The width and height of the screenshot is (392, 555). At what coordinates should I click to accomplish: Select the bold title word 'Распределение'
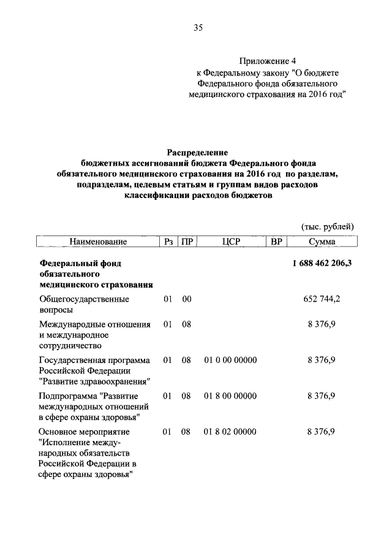pyautogui.click(x=197, y=152)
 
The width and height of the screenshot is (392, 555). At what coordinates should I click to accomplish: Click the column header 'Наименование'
pyautogui.click(x=98, y=242)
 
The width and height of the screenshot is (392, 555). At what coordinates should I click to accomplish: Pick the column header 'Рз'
pyautogui.click(x=168, y=242)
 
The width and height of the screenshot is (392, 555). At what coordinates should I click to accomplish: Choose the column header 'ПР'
pyautogui.click(x=187, y=242)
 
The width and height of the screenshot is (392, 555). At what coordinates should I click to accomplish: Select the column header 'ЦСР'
pyautogui.click(x=232, y=242)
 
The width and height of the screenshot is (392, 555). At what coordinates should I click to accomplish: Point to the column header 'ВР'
pyautogui.click(x=276, y=242)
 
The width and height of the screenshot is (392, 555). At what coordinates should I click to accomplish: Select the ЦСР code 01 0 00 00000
pyautogui.click(x=230, y=359)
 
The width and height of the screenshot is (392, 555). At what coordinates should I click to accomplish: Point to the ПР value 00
pyautogui.click(x=187, y=299)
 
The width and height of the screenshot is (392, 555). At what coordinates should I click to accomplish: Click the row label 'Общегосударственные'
pyautogui.click(x=84, y=299)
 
